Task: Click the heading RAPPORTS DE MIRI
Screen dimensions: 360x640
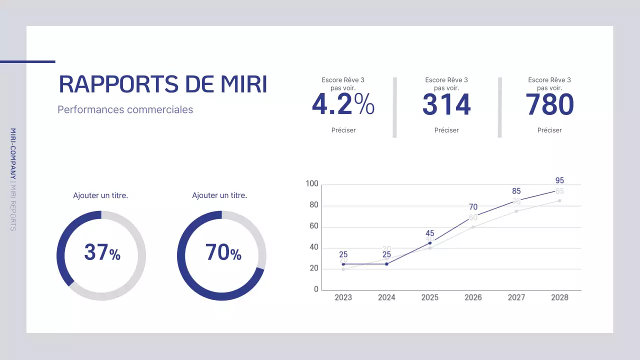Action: point(163,84)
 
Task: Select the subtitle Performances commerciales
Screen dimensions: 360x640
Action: point(125,109)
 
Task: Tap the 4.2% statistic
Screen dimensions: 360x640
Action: point(343,104)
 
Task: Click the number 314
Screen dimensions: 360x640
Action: point(446,104)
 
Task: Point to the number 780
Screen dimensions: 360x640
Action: point(549,104)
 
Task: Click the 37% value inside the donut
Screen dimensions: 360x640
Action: point(102,252)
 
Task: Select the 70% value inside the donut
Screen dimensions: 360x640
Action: point(223,252)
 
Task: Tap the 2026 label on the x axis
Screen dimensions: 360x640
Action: point(473,297)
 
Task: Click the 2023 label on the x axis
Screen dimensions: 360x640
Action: point(343,297)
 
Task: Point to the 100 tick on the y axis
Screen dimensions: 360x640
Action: point(312,184)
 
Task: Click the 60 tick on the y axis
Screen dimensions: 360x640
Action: point(313,226)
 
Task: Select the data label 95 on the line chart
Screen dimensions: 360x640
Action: point(559,180)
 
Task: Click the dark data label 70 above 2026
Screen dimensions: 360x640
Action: point(473,207)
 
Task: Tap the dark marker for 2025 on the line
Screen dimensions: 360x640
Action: point(430,243)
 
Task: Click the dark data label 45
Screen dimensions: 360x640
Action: point(430,233)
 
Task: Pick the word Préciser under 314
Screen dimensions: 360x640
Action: point(446,130)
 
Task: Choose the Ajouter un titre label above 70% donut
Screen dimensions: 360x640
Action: point(219,195)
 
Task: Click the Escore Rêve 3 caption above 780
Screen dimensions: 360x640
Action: point(549,80)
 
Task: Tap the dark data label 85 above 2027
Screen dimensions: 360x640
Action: point(516,191)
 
